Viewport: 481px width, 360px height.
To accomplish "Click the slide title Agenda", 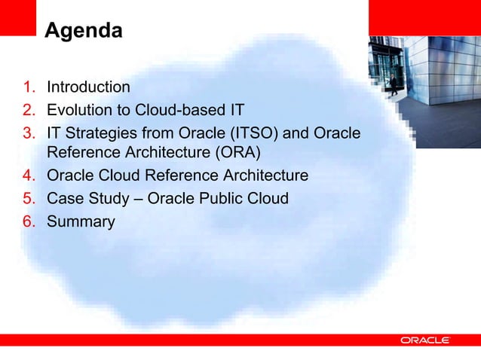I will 83,32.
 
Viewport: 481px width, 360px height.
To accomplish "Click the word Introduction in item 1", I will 88,88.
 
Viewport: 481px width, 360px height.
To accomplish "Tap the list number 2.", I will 27,111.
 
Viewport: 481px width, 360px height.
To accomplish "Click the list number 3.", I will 27,133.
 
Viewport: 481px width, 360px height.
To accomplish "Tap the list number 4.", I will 27,177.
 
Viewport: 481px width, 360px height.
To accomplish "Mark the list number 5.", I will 27,200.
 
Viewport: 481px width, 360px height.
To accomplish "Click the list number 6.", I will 27,222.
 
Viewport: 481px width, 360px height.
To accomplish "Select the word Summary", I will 81,222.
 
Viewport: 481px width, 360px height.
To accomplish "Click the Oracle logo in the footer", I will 424,340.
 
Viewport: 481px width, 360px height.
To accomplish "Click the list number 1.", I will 27,88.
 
